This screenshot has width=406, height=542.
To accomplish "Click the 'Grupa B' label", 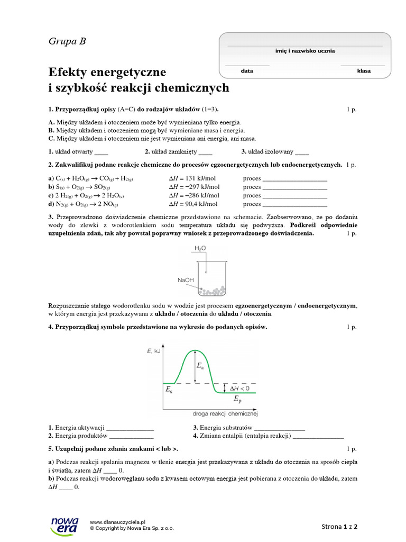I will (x=67, y=41).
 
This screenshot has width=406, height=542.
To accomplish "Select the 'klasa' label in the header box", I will (x=364, y=70).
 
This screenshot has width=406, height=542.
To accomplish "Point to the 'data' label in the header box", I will (x=247, y=70).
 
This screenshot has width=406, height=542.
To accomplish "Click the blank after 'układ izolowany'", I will (x=302, y=151).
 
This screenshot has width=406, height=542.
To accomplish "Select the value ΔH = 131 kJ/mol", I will (x=193, y=178).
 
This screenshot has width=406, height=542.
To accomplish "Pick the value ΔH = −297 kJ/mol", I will (x=194, y=187).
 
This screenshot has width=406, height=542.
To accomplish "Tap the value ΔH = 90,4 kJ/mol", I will (x=193, y=204).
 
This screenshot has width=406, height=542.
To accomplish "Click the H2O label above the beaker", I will (x=200, y=248).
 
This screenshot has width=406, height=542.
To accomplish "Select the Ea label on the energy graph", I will (x=200, y=366).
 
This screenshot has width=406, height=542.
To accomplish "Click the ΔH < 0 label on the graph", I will (x=239, y=388).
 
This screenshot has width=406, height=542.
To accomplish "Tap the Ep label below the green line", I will (x=237, y=400).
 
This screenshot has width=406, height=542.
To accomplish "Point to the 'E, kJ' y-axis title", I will (x=153, y=351).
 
